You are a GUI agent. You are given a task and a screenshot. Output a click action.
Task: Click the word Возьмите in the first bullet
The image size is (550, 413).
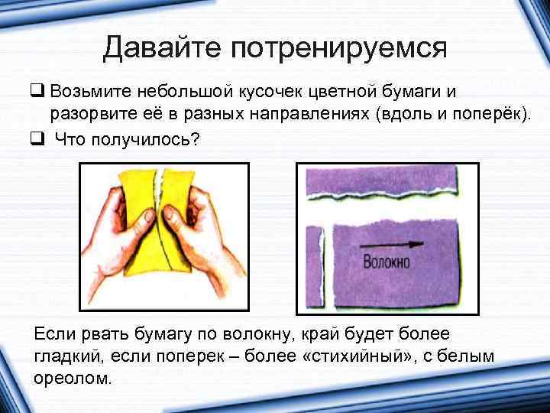91,93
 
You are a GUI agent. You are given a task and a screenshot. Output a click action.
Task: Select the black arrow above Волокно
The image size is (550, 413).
390,245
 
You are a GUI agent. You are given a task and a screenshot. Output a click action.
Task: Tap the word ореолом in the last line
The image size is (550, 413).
73,378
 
